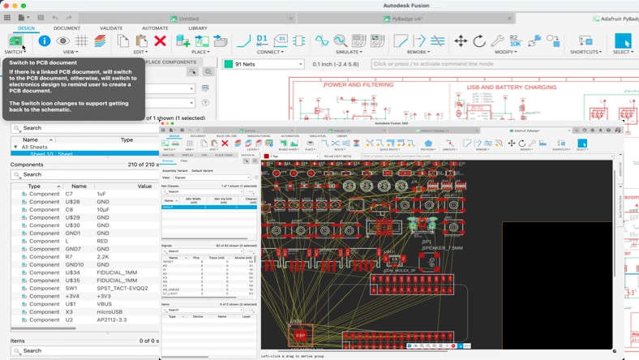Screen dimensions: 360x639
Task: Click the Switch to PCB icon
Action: coord(15,41)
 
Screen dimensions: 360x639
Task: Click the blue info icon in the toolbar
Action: coord(45,41)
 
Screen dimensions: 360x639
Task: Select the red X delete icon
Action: coord(160,41)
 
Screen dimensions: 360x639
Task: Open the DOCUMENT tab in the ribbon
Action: coord(66,28)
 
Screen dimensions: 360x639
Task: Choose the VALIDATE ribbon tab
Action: coord(111,28)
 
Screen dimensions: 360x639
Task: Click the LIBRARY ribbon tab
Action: coord(198,28)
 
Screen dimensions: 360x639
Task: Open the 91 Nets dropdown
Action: coord(264,64)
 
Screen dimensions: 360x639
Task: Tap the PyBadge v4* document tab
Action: coord(405,19)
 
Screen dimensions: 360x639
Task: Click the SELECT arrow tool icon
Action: coord(622,41)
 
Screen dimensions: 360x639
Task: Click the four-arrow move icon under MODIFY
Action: coord(461,41)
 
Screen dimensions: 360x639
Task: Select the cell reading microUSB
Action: coord(107,311)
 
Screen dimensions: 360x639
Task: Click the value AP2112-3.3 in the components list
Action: coord(113,319)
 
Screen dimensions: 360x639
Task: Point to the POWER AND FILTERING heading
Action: coord(359,84)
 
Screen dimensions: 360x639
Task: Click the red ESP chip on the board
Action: coord(300,334)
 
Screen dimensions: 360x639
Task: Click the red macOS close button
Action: coord(6,6)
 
